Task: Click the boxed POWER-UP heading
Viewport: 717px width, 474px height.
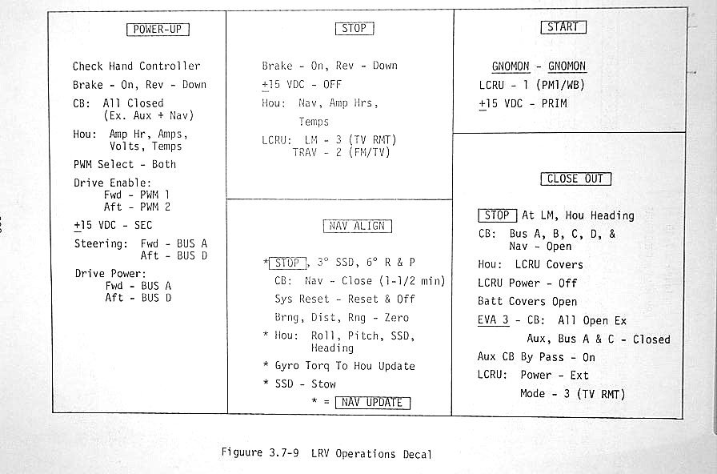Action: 158,30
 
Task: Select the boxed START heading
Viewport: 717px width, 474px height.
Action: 563,27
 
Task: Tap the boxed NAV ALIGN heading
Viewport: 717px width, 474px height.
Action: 358,226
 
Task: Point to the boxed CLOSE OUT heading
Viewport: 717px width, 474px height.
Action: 575,179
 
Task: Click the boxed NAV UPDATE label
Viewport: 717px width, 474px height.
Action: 372,402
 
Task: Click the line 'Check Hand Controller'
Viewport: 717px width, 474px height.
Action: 136,66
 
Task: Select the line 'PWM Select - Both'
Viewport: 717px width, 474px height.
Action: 125,164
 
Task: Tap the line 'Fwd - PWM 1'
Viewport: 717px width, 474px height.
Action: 137,195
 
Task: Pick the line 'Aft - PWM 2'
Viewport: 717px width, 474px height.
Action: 137,207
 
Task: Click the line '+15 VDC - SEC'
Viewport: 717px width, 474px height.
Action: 112,225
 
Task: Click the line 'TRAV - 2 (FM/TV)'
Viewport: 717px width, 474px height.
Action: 341,152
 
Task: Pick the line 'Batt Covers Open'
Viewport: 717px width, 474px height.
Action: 527,301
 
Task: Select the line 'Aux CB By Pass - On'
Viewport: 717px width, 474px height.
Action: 536,357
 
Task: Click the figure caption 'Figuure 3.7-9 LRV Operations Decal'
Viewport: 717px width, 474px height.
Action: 326,453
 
